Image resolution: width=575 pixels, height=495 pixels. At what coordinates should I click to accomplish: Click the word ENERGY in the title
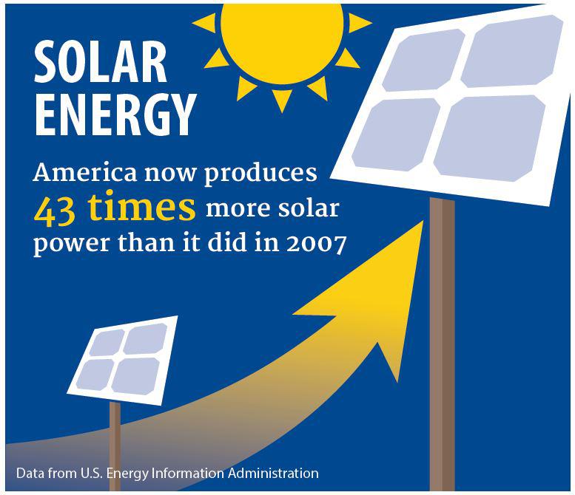coord(115,115)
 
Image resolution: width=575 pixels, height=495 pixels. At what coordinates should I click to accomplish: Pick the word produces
coord(260,174)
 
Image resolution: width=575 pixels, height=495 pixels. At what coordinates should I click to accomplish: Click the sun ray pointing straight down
coord(282,100)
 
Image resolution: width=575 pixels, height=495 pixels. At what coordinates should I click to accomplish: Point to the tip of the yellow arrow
coord(423,221)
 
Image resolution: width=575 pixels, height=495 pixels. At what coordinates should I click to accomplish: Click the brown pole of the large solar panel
coord(443,344)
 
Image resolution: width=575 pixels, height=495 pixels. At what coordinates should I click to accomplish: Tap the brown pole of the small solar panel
coord(115,446)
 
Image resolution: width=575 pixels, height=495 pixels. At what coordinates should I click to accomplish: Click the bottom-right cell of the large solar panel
coord(490,138)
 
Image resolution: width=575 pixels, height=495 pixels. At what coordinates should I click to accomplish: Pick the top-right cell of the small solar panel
coord(145,339)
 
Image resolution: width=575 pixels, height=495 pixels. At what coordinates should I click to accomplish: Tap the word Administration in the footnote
coord(273,473)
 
